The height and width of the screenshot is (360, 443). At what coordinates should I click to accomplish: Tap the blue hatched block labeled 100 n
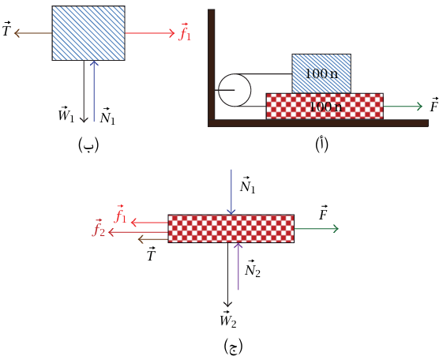(321, 73)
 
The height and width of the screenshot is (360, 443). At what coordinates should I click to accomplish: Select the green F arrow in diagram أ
(403, 107)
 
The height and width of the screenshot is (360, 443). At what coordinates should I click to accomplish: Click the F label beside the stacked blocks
(434, 104)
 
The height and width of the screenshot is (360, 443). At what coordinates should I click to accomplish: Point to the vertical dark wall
(212, 65)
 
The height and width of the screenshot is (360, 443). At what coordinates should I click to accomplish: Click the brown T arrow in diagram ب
(33, 33)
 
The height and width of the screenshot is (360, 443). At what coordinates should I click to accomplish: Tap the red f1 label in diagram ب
(185, 32)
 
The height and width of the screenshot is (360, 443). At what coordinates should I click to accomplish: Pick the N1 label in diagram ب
(107, 116)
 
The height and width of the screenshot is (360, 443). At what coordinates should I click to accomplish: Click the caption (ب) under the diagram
(88, 144)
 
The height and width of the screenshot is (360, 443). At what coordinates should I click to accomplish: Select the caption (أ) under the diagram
(322, 144)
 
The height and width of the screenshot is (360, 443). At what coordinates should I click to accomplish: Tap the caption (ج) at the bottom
(234, 347)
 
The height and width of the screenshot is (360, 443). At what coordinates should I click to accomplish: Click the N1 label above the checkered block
(248, 186)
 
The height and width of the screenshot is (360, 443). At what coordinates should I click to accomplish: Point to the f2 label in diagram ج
(99, 227)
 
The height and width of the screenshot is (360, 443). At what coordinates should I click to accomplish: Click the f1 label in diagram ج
(121, 214)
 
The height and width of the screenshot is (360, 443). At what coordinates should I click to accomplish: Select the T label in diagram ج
(152, 253)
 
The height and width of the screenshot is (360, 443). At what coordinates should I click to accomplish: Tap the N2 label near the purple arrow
(253, 268)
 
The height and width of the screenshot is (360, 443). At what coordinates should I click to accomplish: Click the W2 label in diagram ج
(228, 319)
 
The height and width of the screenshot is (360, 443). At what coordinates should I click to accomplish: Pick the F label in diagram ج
(324, 212)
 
